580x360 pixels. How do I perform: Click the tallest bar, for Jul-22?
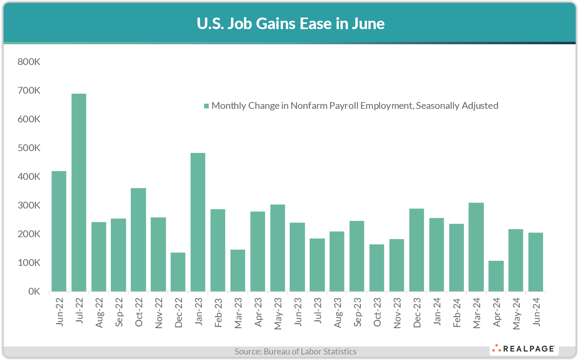tap(79, 193)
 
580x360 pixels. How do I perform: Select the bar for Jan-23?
tap(198, 222)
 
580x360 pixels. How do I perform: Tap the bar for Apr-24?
tap(496, 276)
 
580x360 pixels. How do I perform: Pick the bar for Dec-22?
tap(178, 272)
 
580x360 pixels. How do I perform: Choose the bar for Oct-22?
tap(138, 240)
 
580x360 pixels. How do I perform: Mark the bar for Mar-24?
tap(476, 247)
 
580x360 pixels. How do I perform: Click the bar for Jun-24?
tap(536, 262)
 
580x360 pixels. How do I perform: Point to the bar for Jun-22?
tap(59, 231)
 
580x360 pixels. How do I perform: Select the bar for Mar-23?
tap(238, 270)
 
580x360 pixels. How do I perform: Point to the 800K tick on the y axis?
tap(29, 62)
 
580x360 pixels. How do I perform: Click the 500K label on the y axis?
tap(29, 148)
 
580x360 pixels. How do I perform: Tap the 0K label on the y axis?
tap(34, 291)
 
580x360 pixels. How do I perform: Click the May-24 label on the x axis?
tap(516, 314)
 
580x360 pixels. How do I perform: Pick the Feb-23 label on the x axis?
tap(218, 313)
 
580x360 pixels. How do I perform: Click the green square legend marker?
tap(206, 106)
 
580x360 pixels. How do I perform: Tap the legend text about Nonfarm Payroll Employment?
tap(355, 106)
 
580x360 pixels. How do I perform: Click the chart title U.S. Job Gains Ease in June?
tap(290, 24)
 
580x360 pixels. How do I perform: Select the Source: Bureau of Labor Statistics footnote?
tap(295, 351)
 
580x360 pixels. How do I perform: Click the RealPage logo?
tap(524, 349)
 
